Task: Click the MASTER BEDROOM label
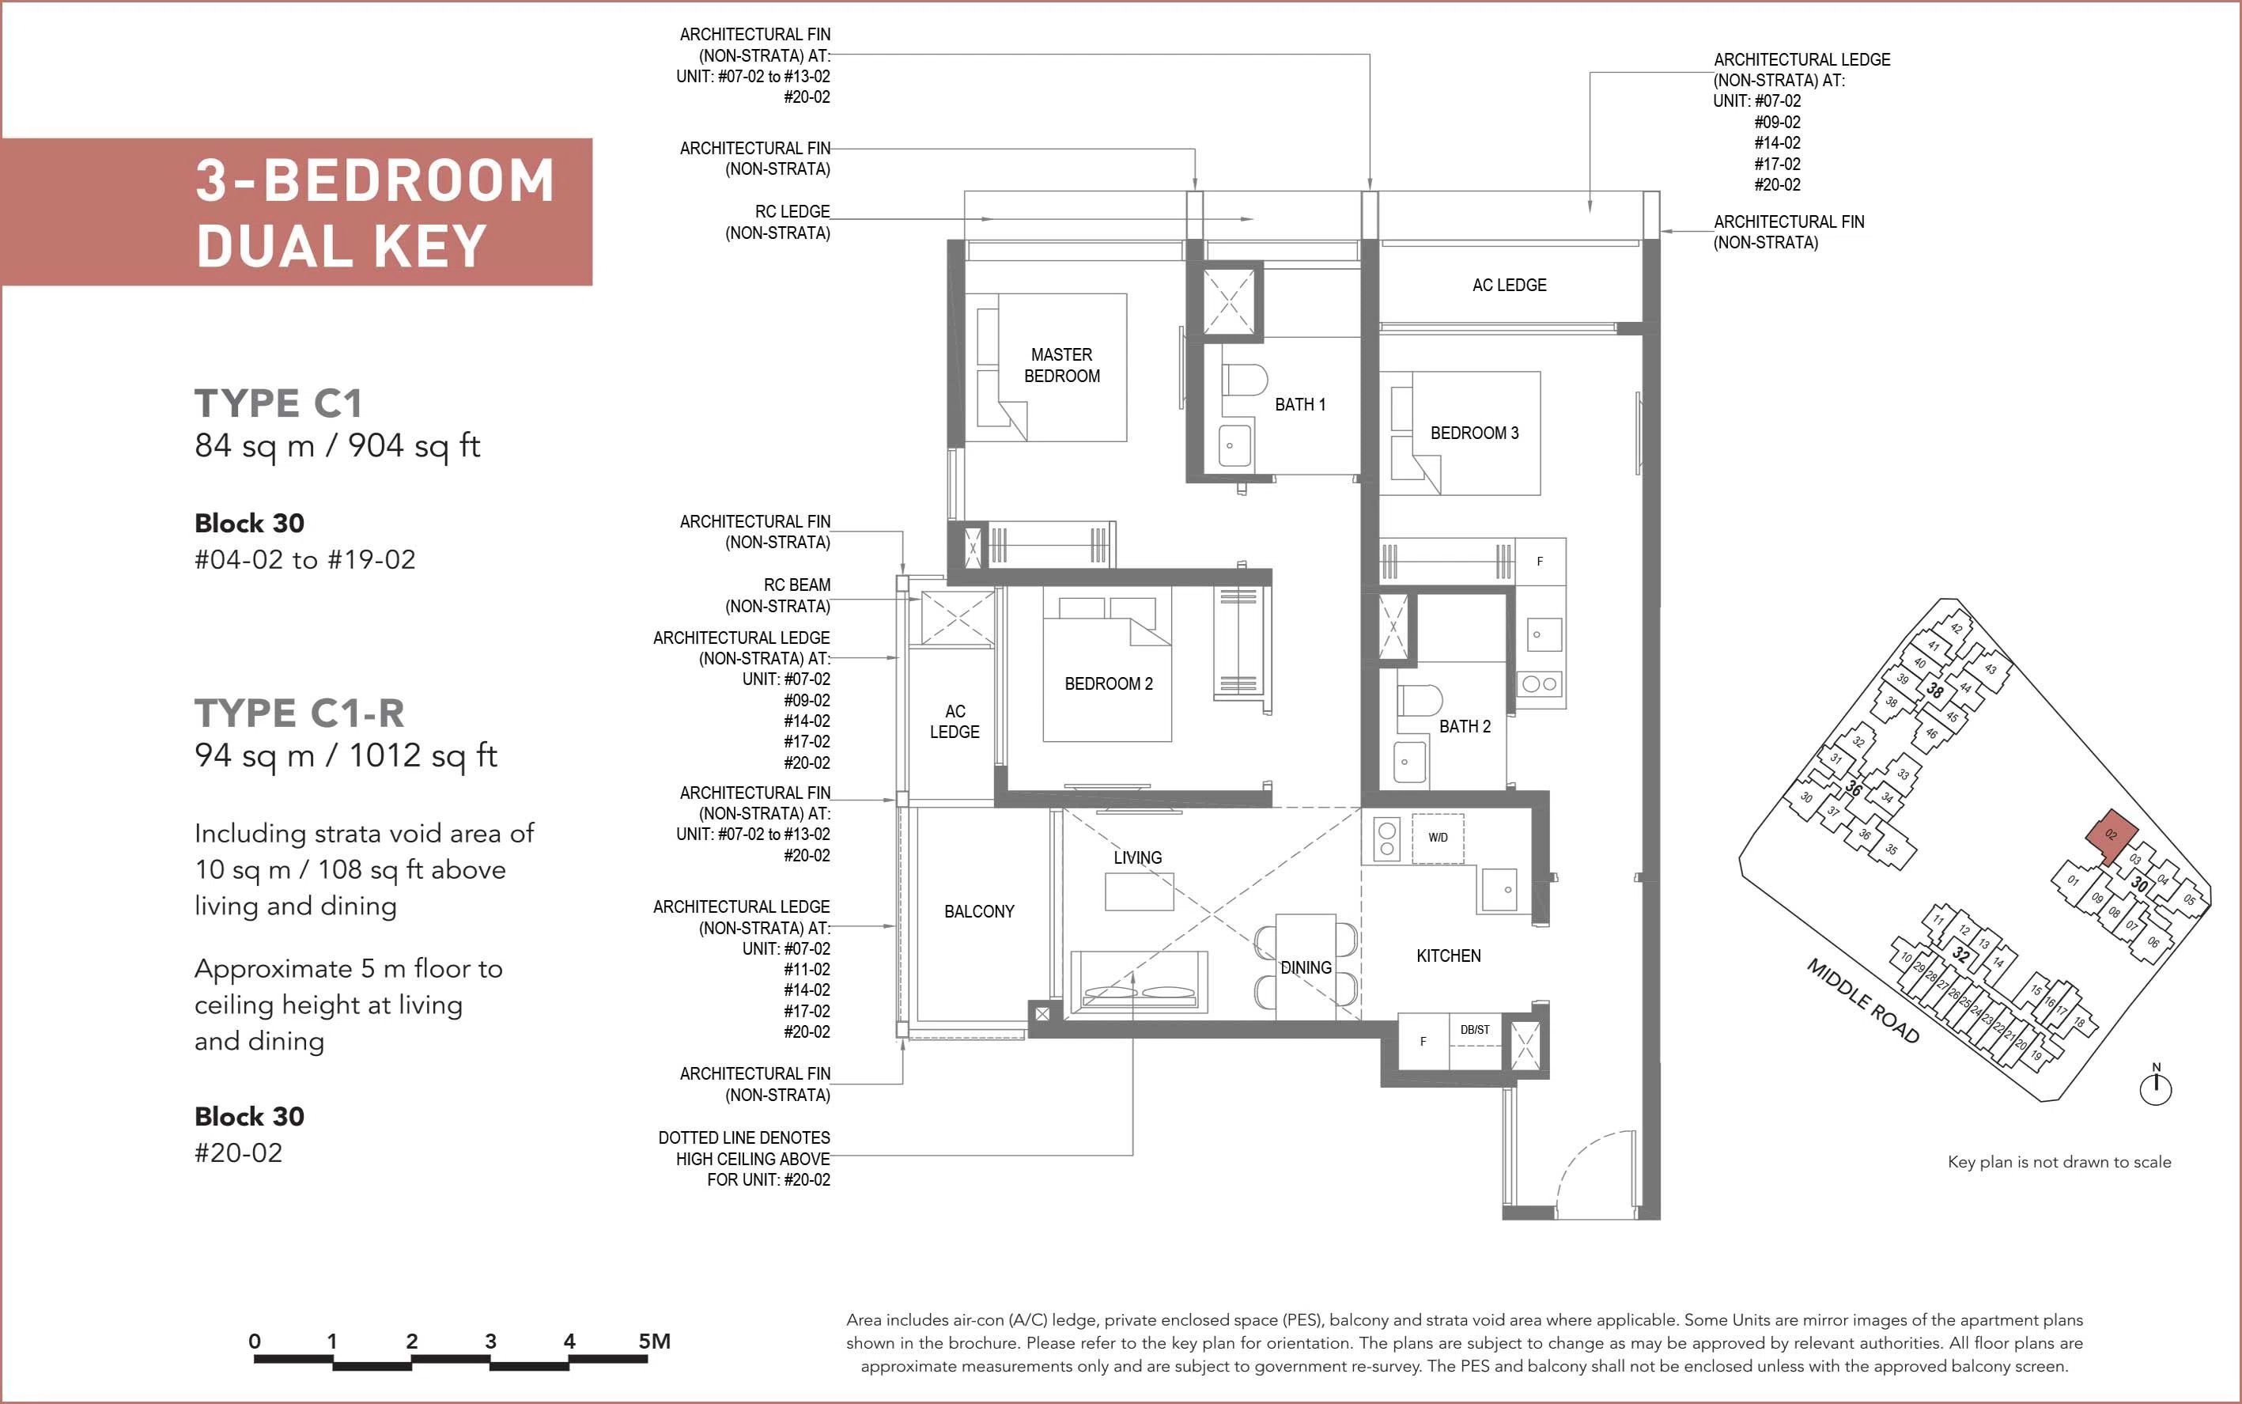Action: point(1062,365)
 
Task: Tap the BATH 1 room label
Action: point(1299,405)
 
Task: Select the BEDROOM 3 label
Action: point(1474,433)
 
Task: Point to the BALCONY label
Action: point(979,912)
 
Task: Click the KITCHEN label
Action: point(1448,956)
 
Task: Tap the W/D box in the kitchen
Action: point(1438,838)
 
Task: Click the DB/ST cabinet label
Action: point(1474,1030)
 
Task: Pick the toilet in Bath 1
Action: point(1245,380)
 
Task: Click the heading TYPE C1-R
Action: point(299,713)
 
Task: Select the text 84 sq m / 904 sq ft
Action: point(337,445)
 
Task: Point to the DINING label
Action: point(1306,967)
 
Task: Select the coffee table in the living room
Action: point(1139,891)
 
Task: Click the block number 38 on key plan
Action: point(1934,690)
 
